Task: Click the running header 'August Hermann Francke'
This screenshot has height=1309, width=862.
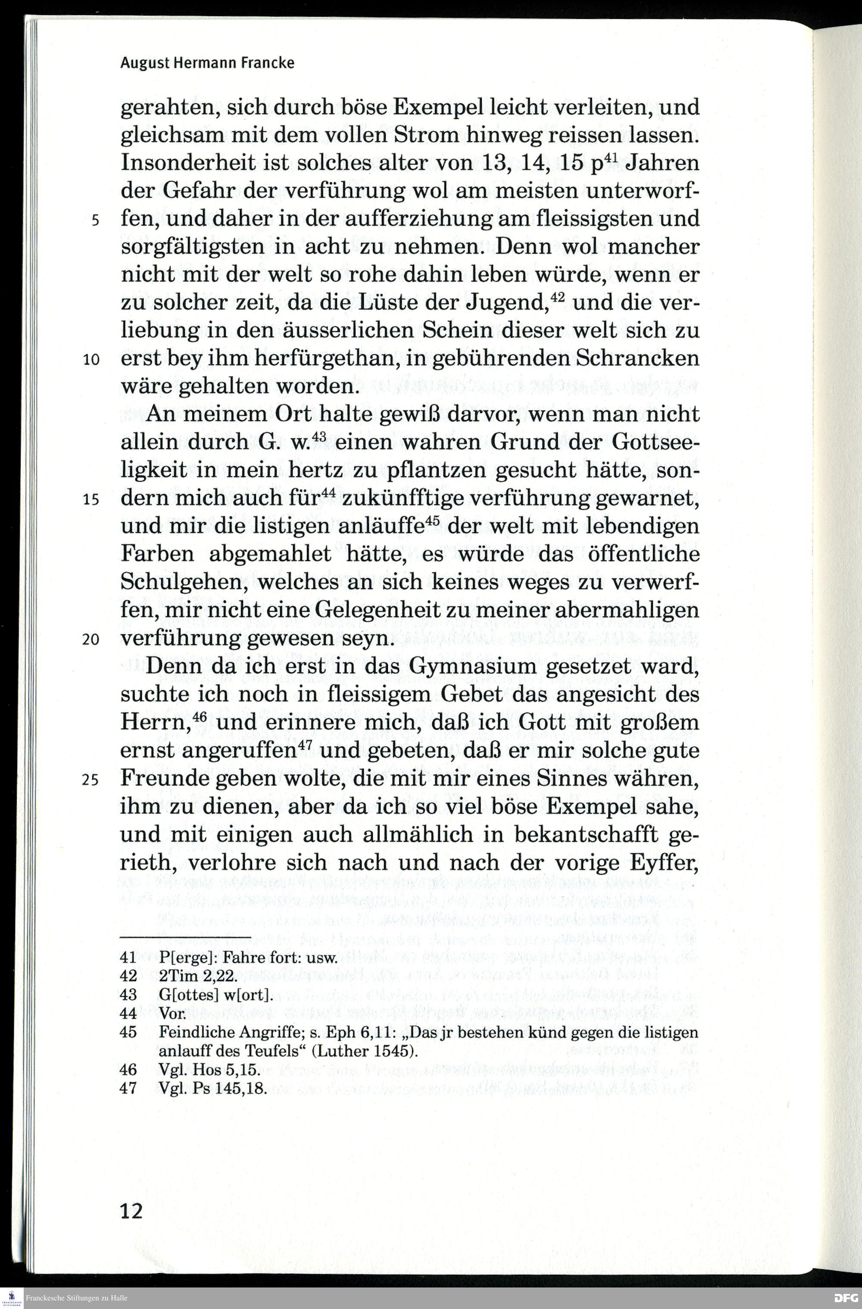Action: (x=207, y=63)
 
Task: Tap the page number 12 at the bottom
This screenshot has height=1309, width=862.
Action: (x=131, y=1210)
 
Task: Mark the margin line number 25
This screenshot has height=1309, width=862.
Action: (x=91, y=780)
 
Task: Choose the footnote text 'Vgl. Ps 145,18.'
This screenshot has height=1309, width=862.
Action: (x=212, y=1089)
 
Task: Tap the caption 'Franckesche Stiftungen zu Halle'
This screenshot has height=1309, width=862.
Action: (x=77, y=1298)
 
